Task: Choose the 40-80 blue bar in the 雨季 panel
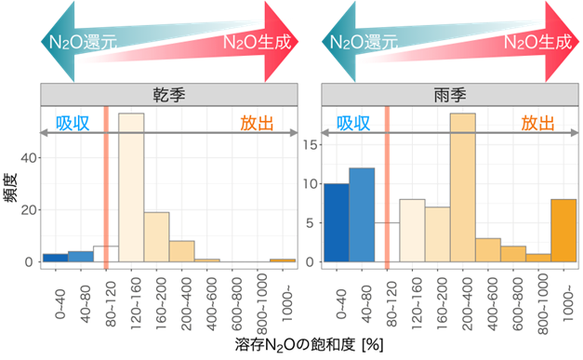(362, 219)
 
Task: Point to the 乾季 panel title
(168, 94)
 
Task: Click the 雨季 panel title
(450, 94)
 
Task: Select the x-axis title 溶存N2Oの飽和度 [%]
(295, 345)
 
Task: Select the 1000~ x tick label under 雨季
(564, 300)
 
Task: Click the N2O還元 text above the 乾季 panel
(81, 42)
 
